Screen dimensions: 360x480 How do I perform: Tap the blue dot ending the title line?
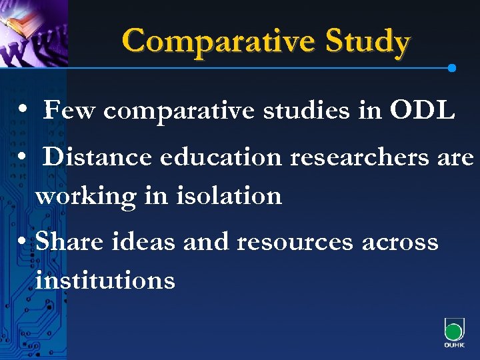point(452,68)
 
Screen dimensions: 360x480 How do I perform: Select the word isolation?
point(226,196)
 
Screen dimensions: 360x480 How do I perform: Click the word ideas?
point(143,241)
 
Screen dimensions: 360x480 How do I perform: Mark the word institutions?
point(105,280)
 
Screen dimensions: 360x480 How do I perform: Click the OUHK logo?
point(454,332)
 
